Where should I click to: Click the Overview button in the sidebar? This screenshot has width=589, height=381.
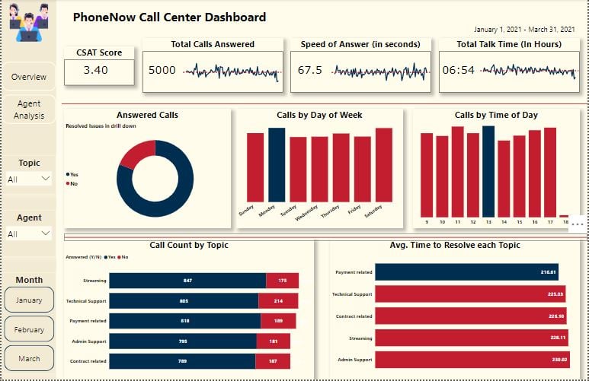(29, 77)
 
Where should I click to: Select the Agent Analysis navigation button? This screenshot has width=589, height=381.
(29, 110)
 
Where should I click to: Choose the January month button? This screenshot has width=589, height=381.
(29, 300)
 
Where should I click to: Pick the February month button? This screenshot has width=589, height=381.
(29, 330)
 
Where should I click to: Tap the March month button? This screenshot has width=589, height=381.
(29, 359)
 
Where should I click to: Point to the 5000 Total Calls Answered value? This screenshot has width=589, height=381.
(162, 71)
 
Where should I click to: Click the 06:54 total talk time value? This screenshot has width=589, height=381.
(459, 71)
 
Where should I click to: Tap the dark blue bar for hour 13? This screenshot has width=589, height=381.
(488, 172)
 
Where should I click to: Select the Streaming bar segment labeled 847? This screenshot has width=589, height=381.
(187, 281)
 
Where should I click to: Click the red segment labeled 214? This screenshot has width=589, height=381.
(278, 301)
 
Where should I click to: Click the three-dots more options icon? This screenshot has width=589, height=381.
(577, 224)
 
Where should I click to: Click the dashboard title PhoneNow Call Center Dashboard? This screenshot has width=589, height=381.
(170, 17)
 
